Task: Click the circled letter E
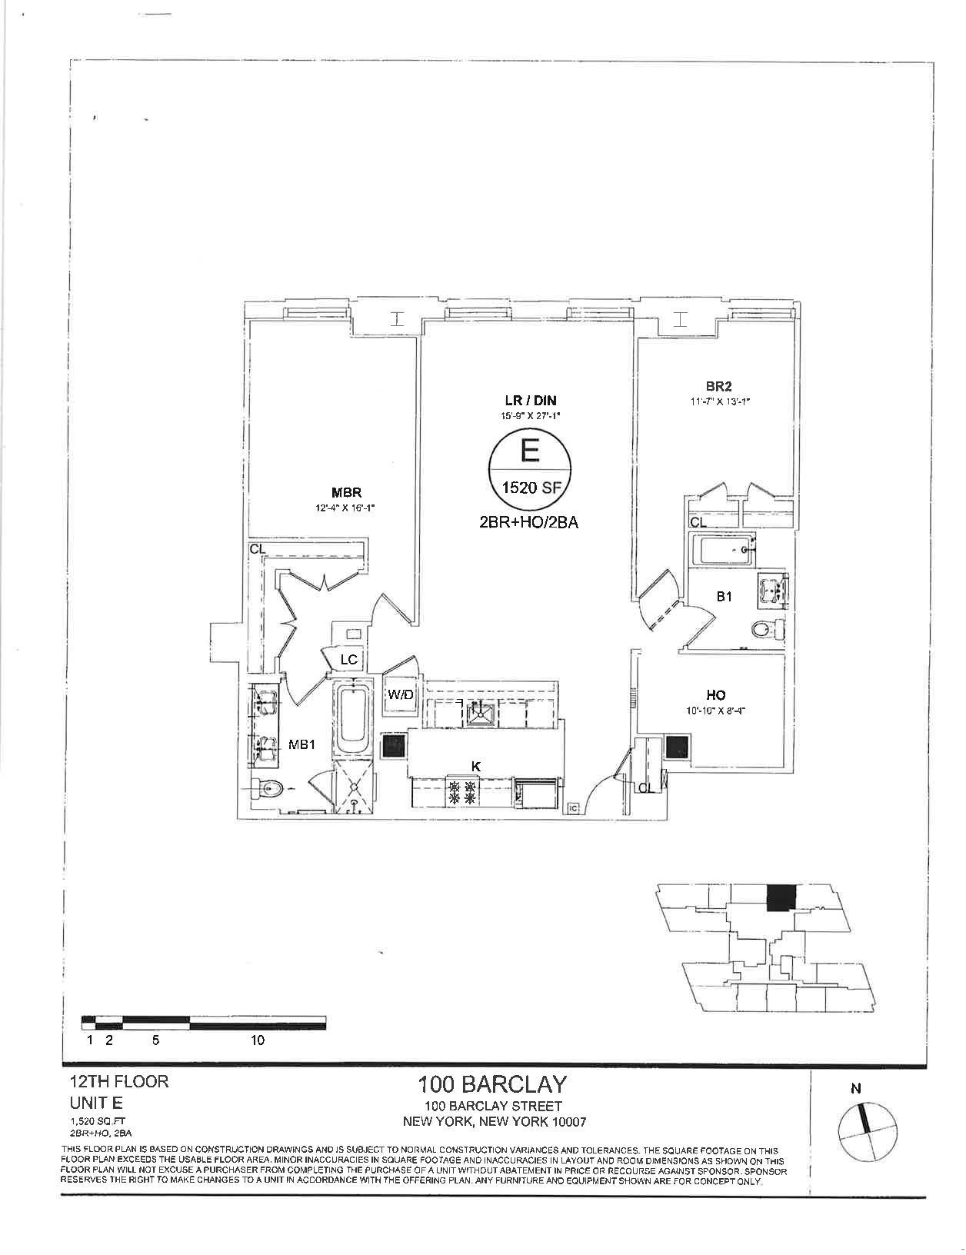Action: tap(529, 449)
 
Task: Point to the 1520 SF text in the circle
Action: tap(529, 486)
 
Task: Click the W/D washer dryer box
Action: tap(400, 695)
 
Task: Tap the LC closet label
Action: tap(349, 660)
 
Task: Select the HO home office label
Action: tap(715, 695)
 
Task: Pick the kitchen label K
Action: tap(477, 766)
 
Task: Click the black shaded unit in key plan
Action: tap(781, 897)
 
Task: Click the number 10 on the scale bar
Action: tap(258, 1040)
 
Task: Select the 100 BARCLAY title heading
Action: tap(492, 1085)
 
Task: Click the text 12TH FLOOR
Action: tap(118, 1081)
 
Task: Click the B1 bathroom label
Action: tap(724, 596)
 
